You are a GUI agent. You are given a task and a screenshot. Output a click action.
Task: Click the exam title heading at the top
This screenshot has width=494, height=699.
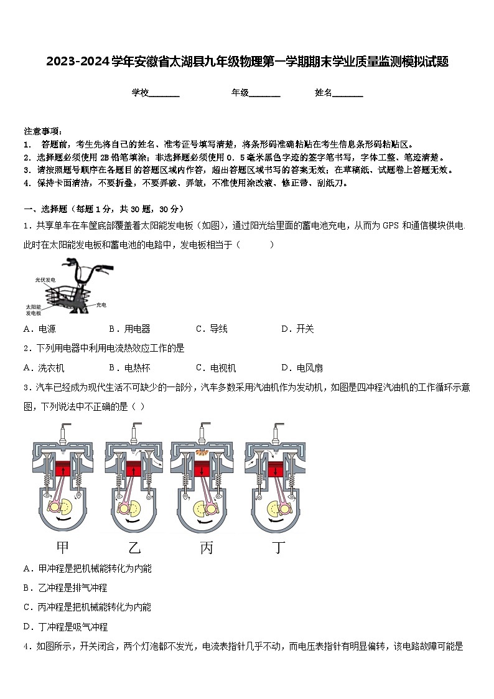tap(247, 62)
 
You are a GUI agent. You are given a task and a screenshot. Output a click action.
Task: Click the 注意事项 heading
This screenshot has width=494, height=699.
tap(43, 131)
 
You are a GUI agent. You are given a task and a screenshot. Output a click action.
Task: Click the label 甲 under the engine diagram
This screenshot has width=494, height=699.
tap(62, 548)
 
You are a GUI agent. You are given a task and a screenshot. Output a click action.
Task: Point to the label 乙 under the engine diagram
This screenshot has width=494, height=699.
tap(134, 548)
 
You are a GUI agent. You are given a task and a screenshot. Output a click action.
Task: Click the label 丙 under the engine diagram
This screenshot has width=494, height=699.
tap(207, 548)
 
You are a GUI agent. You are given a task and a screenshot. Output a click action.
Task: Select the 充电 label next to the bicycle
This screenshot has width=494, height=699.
tap(101, 305)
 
